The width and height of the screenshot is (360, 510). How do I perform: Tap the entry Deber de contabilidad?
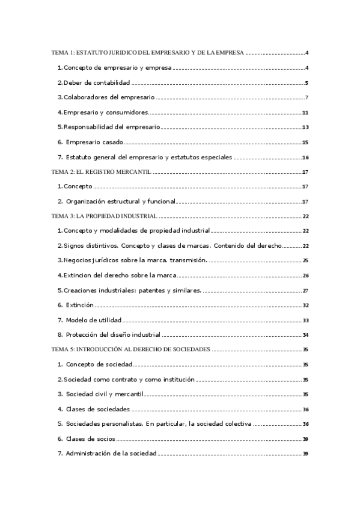point(97,83)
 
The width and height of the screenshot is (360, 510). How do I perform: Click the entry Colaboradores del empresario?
point(109,97)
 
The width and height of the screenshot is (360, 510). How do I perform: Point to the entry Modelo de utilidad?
point(94,320)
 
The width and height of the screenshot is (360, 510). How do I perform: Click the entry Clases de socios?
point(91,438)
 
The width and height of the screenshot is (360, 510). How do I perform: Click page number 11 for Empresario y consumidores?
point(305,113)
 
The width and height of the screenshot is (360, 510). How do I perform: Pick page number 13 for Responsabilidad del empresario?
point(305,127)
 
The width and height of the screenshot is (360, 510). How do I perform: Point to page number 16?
point(305,158)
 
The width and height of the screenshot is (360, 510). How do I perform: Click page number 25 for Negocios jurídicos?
point(305,260)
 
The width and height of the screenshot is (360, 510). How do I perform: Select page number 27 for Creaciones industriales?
point(305,290)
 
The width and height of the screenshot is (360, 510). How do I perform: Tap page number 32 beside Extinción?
point(305,306)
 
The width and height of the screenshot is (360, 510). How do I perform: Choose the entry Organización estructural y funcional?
point(120,201)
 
